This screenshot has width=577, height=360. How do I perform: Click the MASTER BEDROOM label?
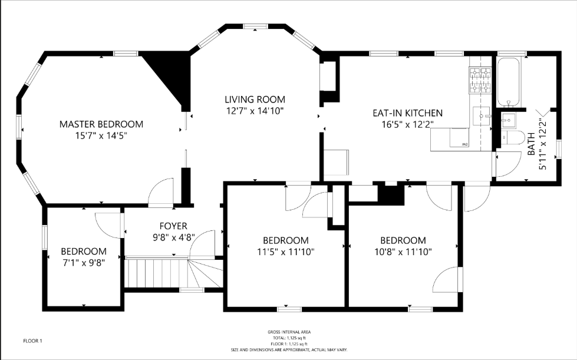point(101,124)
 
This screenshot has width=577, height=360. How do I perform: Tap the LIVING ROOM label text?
point(255,100)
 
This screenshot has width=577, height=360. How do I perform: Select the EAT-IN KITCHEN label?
point(407,113)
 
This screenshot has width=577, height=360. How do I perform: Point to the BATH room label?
point(531,144)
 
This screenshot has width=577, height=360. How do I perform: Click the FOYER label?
point(173,226)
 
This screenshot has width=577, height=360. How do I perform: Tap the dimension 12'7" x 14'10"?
point(255,111)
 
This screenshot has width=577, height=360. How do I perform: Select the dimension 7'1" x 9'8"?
point(84,263)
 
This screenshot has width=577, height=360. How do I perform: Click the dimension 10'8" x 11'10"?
point(403,252)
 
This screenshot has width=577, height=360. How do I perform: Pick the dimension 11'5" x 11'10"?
point(285,252)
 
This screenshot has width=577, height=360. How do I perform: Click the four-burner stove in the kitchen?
point(480,81)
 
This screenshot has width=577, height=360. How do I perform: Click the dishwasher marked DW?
point(459,138)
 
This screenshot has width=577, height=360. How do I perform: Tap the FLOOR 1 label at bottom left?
point(32,341)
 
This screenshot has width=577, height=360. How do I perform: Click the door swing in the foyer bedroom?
point(108,223)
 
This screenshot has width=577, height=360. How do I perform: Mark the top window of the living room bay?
point(254,26)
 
